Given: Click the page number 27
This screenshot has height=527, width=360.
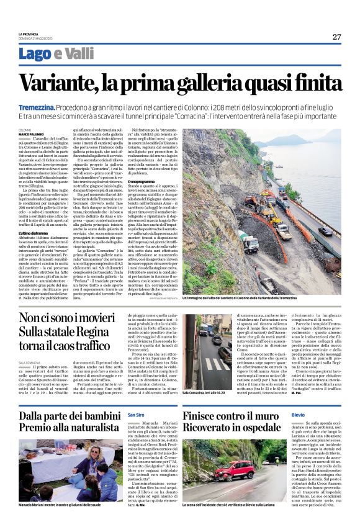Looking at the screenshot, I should [x=336, y=37].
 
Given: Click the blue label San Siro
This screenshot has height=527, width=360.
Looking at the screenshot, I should [x=135, y=414].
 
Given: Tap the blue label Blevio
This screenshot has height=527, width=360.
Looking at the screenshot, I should [x=298, y=414].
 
